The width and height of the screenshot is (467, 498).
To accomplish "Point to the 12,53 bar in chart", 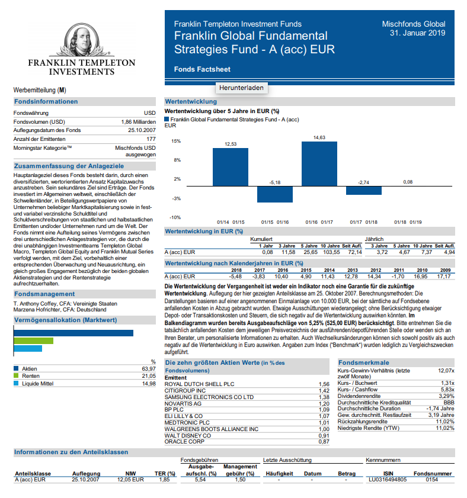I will (231, 168).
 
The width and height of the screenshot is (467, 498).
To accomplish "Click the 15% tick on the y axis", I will (176, 141).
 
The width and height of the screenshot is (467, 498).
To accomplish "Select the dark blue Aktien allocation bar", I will (73, 333).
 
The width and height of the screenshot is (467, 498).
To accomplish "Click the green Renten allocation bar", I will (33, 340).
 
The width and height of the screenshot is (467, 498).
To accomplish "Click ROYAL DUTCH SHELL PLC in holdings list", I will (199, 384).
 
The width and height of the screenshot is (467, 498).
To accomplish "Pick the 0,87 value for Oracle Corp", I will (324, 442).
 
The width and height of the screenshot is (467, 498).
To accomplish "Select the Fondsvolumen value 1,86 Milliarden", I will (138, 121).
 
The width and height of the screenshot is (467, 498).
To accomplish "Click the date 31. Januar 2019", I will (417, 33).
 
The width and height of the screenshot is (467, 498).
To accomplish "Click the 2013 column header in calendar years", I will (351, 269).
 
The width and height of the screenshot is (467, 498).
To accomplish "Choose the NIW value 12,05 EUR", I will (130, 479).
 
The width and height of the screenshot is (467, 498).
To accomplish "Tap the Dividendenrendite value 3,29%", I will (446, 396).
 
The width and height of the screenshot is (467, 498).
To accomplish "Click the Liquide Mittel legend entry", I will (38, 384).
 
